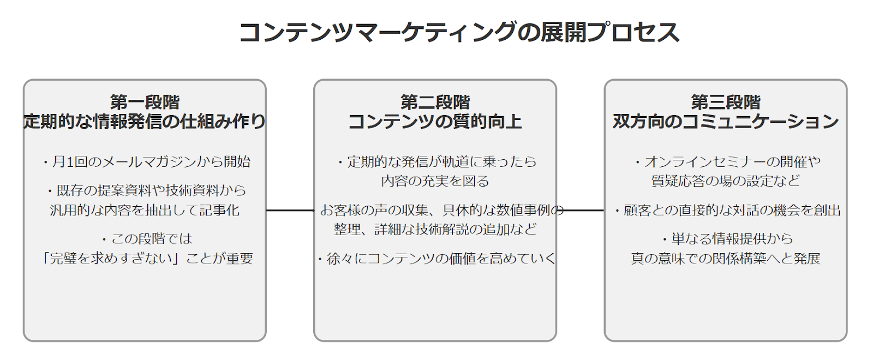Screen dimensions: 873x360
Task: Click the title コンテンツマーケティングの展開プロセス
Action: pyautogui.click(x=459, y=32)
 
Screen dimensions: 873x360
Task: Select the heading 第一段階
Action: pyautogui.click(x=145, y=103)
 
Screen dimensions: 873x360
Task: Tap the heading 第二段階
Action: pyautogui.click(x=435, y=103)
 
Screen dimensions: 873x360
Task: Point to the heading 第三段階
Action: pyautogui.click(x=726, y=103)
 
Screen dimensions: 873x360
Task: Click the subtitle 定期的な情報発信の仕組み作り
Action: pyautogui.click(x=145, y=122)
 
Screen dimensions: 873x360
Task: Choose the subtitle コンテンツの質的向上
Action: pyautogui.click(x=435, y=122)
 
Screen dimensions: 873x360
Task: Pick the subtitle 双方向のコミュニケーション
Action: pyautogui.click(x=726, y=122)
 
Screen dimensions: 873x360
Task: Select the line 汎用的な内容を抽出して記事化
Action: pyautogui.click(x=145, y=211)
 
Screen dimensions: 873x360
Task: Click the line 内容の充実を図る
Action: pyautogui.click(x=435, y=181)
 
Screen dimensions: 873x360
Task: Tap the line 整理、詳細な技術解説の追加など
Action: pyautogui.click(x=435, y=230)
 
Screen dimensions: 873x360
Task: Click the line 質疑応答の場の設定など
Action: pyautogui.click(x=726, y=181)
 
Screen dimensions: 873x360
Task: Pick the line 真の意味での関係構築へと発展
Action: pyautogui.click(x=726, y=259)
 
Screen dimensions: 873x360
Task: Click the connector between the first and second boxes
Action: pyautogui.click(x=290, y=211)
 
